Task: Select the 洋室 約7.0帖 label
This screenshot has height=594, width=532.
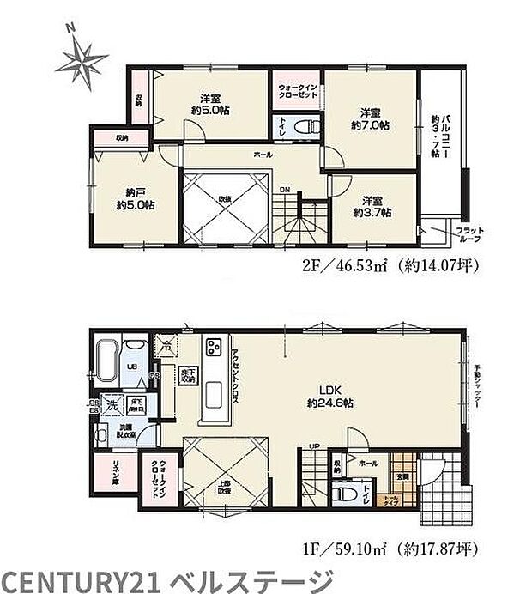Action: coord(370,118)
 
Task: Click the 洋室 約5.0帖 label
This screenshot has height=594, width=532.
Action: coord(209,103)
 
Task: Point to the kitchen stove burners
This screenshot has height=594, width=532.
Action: coord(213,349)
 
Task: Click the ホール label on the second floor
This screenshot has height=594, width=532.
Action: coord(263,155)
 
